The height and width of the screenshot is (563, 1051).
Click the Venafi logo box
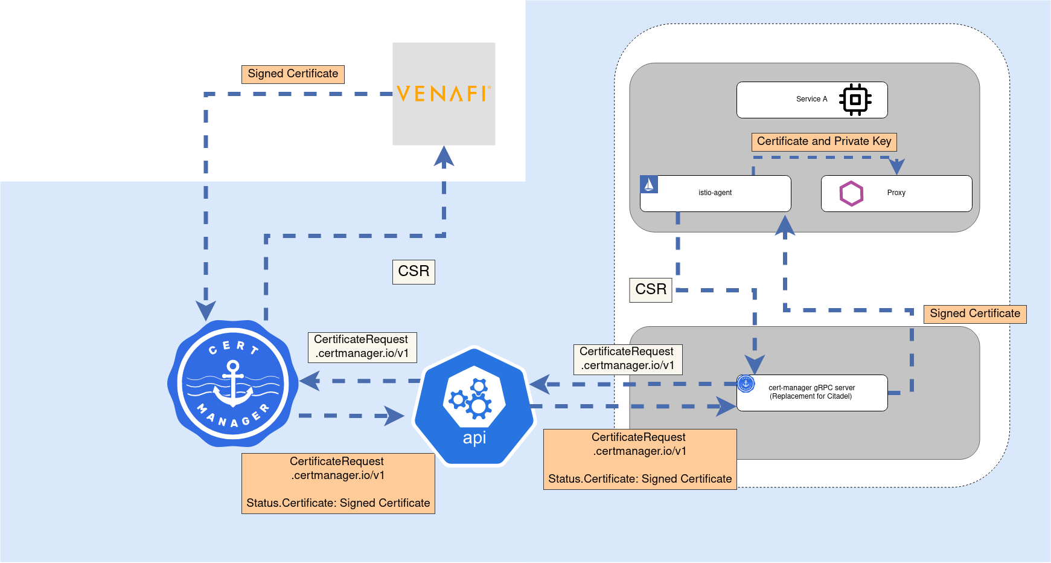(444, 94)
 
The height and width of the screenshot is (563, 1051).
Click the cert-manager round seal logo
(232, 384)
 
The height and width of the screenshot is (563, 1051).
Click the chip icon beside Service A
(855, 100)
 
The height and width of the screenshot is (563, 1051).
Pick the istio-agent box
(715, 193)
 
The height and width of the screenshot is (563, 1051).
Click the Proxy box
(896, 193)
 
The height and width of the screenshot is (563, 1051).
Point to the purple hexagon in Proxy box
(851, 193)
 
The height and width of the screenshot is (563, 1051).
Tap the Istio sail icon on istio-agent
(649, 184)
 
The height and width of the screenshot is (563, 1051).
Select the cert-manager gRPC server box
(812, 393)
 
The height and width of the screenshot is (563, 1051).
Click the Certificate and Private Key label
(824, 141)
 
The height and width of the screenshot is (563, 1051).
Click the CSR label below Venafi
(414, 271)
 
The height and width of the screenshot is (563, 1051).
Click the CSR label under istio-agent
(651, 289)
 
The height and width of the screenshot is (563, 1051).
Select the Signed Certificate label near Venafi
(293, 74)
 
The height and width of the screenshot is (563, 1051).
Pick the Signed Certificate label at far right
(975, 314)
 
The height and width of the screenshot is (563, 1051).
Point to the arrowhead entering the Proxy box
(897, 167)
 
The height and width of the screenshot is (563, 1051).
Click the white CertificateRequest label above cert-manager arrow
(362, 347)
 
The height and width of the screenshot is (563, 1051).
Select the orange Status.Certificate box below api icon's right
(640, 459)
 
